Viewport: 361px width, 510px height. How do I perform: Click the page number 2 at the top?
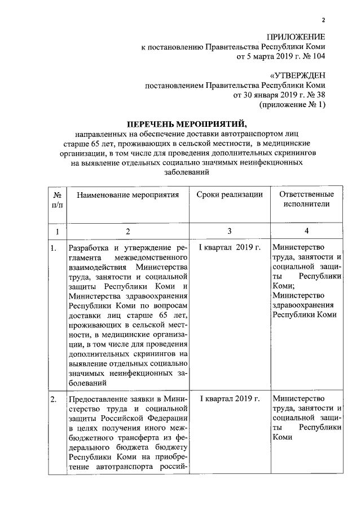pyautogui.click(x=324, y=21)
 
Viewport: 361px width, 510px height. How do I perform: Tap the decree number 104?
pyautogui.click(x=319, y=57)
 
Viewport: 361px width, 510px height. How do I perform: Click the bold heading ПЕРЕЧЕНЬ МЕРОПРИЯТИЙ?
pyautogui.click(x=187, y=123)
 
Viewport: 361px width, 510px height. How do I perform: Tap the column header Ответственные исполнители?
pyautogui.click(x=306, y=199)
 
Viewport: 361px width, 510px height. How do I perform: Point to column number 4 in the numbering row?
pyautogui.click(x=306, y=231)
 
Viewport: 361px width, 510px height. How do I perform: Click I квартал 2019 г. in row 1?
pyautogui.click(x=230, y=248)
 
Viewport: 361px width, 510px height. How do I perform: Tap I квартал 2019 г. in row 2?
pyautogui.click(x=230, y=400)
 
